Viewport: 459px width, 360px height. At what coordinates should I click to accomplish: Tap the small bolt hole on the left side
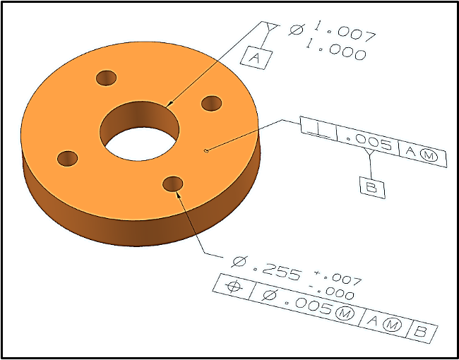point(66,158)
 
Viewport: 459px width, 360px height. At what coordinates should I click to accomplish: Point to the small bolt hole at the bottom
point(172,184)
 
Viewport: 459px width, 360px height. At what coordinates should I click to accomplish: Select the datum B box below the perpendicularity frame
point(372,186)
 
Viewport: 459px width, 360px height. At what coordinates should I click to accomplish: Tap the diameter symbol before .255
point(241,263)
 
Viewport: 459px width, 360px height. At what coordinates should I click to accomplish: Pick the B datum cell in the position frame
point(422,331)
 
